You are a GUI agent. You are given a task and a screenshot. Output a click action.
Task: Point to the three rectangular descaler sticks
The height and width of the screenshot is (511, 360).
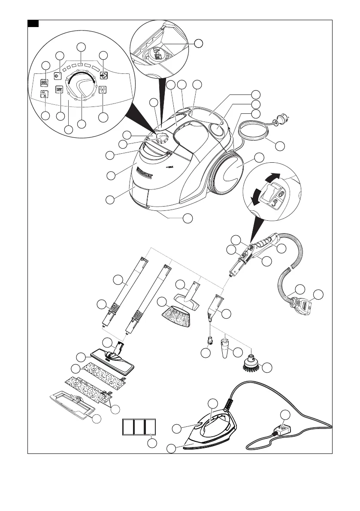[x=139, y=427]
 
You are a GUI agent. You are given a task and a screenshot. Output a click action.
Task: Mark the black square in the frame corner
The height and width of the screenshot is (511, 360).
[x=33, y=23]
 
